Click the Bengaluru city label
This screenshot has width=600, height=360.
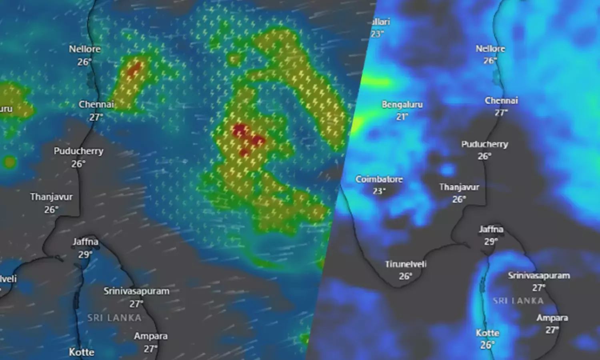click(x=402, y=105)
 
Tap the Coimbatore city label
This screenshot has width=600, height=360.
click(x=379, y=179)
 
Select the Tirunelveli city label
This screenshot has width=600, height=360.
click(x=406, y=264)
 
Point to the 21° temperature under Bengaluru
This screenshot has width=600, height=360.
click(x=402, y=117)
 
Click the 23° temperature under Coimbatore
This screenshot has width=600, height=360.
click(x=379, y=191)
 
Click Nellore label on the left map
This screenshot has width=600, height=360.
click(x=85, y=49)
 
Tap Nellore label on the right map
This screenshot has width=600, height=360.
click(x=490, y=49)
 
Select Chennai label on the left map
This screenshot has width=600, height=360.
click(x=96, y=104)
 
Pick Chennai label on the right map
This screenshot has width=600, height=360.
click(x=501, y=100)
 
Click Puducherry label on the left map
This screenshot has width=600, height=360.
click(x=79, y=151)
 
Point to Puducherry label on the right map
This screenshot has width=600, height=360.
click(x=485, y=144)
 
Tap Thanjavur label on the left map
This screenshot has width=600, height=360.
click(x=52, y=197)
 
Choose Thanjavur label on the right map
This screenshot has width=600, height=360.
click(x=459, y=187)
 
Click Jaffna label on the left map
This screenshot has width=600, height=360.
click(x=86, y=242)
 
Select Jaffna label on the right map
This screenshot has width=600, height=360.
click(x=491, y=229)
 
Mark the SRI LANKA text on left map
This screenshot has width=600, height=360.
click(x=114, y=318)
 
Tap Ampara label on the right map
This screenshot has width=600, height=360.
click(x=552, y=318)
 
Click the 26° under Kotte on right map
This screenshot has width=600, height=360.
click(x=487, y=345)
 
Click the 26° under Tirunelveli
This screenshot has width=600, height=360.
click(x=405, y=276)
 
